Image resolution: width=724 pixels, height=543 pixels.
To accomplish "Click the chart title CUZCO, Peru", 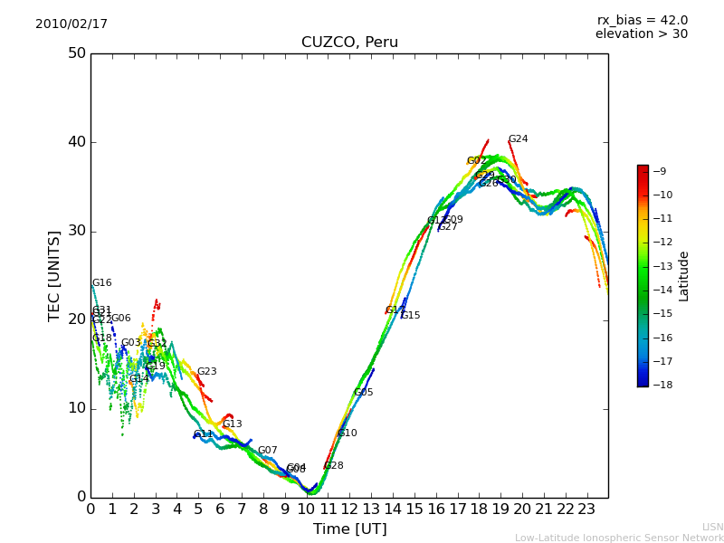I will tap(349, 43).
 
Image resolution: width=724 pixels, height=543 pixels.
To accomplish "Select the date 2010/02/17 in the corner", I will tap(71, 24).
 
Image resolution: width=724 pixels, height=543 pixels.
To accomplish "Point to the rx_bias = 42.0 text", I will tap(642, 20).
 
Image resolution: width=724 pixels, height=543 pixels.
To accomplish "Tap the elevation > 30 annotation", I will tap(641, 34).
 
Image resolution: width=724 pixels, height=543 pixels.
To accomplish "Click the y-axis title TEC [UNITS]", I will tap(54, 275).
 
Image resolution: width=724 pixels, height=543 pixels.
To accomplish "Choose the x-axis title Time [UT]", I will tap(349, 529).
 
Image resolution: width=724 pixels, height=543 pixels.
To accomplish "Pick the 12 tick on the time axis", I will tap(349, 510).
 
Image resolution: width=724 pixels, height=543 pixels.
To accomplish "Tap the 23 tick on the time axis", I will tap(586, 510).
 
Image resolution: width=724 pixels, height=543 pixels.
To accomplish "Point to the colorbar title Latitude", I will tap(684, 275).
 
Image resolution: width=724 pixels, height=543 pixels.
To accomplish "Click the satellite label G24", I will tap(518, 139).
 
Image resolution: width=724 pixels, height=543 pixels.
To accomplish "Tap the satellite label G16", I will tap(101, 283).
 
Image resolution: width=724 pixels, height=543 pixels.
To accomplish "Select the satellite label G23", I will tap(206, 372).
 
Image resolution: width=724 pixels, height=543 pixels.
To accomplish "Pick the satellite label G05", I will tap(363, 393).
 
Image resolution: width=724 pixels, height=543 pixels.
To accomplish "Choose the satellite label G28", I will tap(333, 466).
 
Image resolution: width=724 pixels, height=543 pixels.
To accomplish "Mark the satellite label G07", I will tap(267, 451).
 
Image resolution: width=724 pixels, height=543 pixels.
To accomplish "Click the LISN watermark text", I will tap(712, 527).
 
